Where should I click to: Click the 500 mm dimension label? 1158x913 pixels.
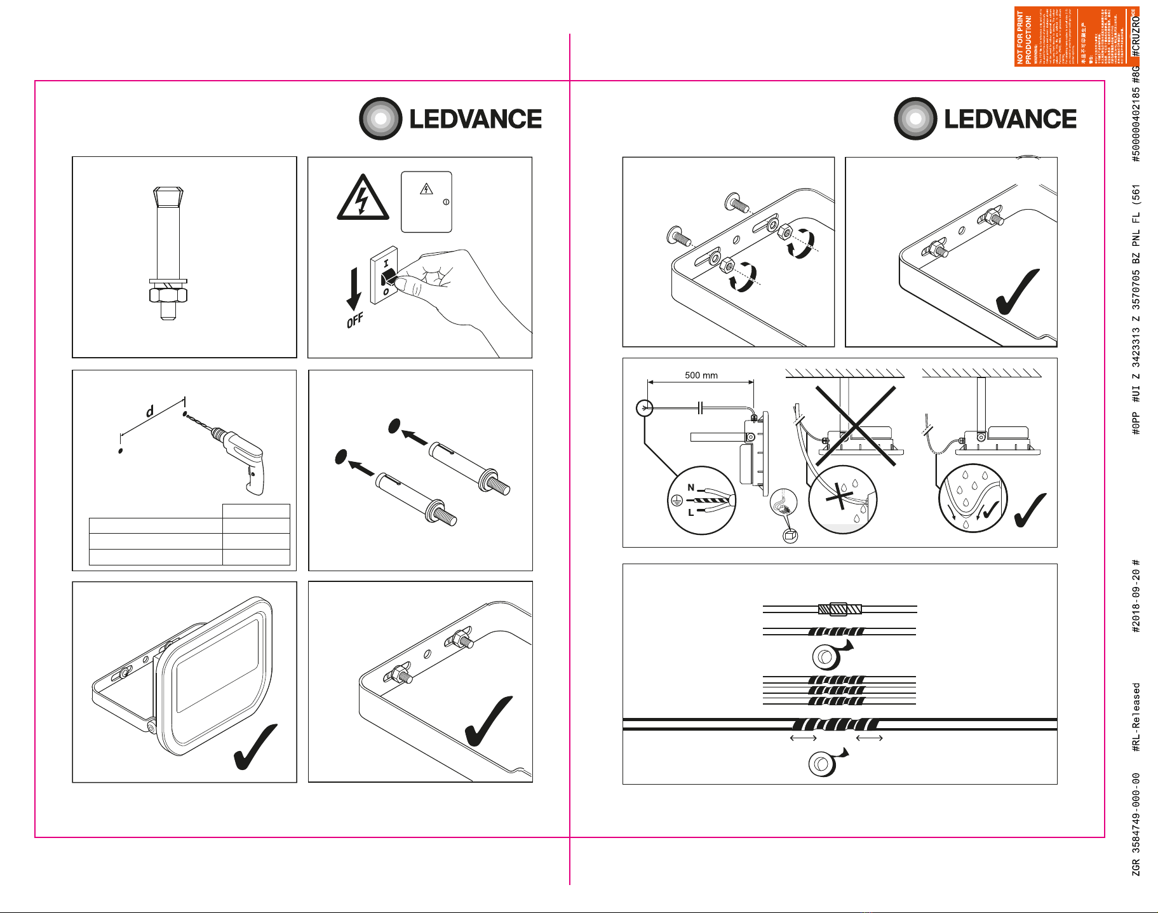click(701, 375)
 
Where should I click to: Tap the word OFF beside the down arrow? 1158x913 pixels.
click(354, 320)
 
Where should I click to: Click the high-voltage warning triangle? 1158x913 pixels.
click(363, 198)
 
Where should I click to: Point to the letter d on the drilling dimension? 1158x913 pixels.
click(150, 412)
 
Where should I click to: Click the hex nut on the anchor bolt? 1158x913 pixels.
click(168, 295)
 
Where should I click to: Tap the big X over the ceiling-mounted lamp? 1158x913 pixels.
click(856, 426)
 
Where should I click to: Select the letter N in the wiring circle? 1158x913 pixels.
click(691, 488)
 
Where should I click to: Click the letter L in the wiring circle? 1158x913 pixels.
click(691, 512)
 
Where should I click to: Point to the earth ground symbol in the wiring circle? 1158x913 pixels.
click(677, 501)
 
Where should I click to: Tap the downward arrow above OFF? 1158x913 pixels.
click(354, 289)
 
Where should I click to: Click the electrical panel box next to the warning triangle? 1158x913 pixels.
click(426, 201)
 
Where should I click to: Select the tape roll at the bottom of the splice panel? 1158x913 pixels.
click(823, 763)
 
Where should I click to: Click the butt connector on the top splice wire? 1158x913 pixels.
click(840, 609)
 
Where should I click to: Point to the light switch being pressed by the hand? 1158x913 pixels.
click(385, 276)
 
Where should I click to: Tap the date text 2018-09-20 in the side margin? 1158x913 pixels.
click(1136, 597)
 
